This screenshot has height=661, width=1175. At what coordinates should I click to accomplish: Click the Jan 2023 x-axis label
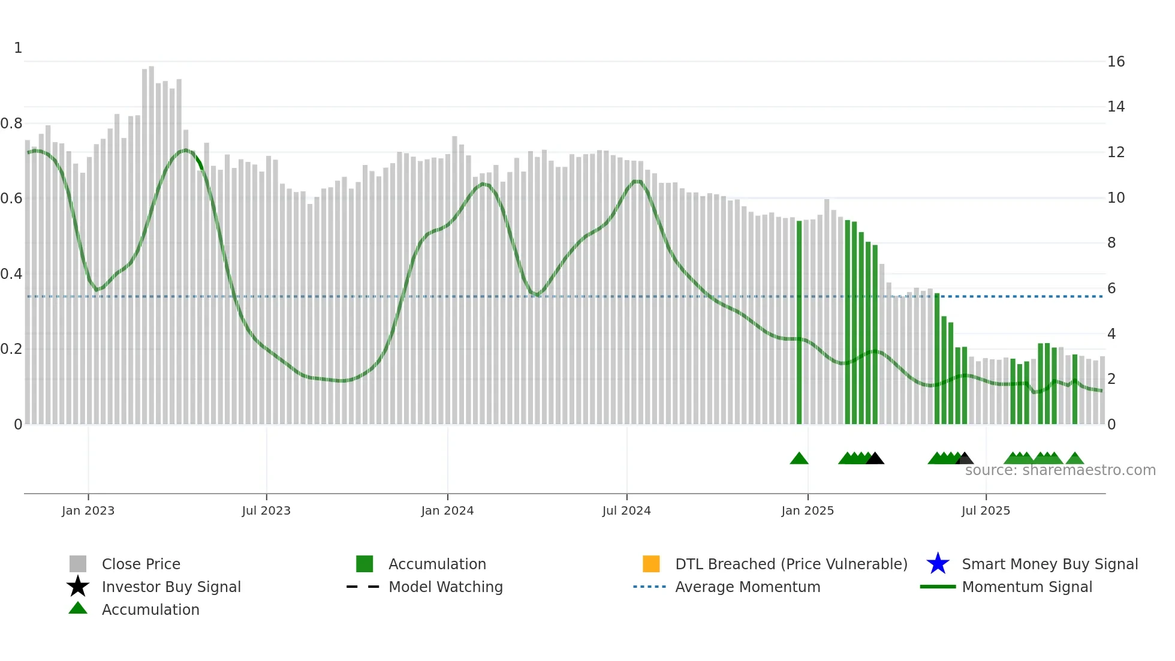88,510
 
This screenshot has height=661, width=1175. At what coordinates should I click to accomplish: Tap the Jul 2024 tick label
626,510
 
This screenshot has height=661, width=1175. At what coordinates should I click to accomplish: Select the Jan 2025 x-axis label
808,510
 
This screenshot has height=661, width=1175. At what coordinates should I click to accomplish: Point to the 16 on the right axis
1116,62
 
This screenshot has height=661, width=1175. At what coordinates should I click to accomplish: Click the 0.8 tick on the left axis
11,124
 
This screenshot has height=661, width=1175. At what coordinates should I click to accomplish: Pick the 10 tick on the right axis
1116,198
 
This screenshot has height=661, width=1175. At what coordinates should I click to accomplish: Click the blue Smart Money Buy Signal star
938,564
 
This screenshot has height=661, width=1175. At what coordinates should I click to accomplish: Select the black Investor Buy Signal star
78,587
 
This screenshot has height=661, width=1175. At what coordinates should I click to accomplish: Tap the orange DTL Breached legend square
651,564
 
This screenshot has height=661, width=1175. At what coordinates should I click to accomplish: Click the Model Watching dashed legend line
363,587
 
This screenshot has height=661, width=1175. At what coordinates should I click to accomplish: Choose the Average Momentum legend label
748,587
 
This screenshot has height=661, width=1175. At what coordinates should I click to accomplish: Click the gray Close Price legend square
78,564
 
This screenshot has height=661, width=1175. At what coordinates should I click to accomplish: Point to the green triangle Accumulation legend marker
78,608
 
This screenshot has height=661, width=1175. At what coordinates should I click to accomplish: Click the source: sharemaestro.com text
1060,470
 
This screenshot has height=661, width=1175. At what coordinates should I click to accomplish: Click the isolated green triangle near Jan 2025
799,459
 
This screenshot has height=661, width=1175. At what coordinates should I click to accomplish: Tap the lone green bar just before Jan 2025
799,324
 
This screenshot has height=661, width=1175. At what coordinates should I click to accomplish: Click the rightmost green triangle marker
1075,459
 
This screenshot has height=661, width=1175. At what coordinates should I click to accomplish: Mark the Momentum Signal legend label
1027,587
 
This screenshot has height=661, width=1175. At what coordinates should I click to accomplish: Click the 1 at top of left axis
18,48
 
